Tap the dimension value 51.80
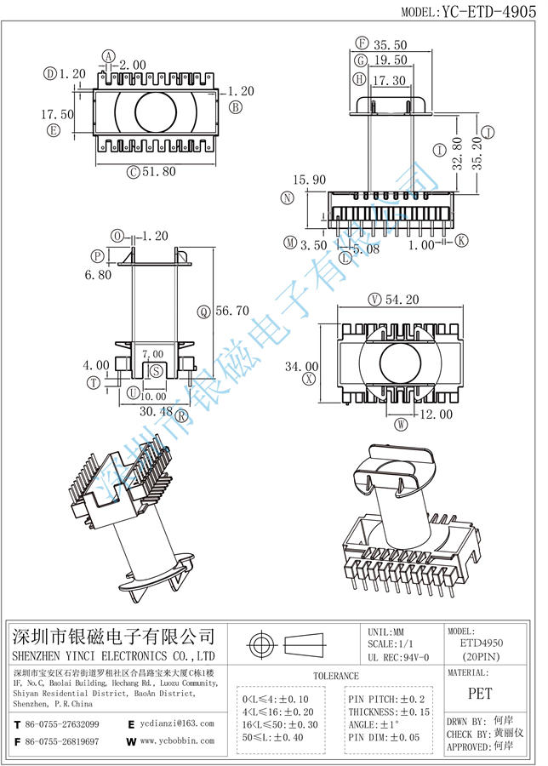point(159,171)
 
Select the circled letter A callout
point(109,56)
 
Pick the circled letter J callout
point(488,132)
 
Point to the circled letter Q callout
point(204,312)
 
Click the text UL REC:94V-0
point(399,657)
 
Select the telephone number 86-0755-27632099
point(64,723)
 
